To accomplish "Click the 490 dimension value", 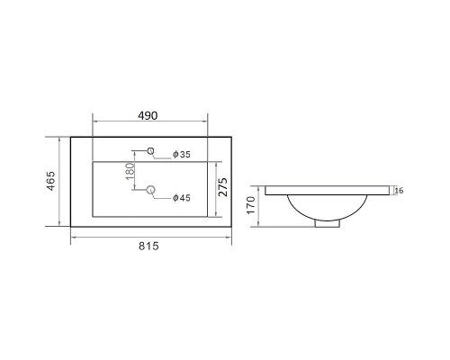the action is pyautogui.click(x=148, y=115).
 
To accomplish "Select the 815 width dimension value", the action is pyautogui.click(x=148, y=247).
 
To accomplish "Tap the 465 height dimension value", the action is pyautogui.click(x=51, y=181).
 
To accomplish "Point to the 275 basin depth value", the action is pyautogui.click(x=223, y=187).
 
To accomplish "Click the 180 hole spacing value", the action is pyautogui.click(x=130, y=171).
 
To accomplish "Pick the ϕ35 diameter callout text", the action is pyautogui.click(x=182, y=155).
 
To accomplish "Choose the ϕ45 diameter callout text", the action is pyautogui.click(x=182, y=198).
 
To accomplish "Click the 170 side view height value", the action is pyautogui.click(x=251, y=205).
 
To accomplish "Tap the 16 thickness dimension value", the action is pyautogui.click(x=399, y=191).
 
